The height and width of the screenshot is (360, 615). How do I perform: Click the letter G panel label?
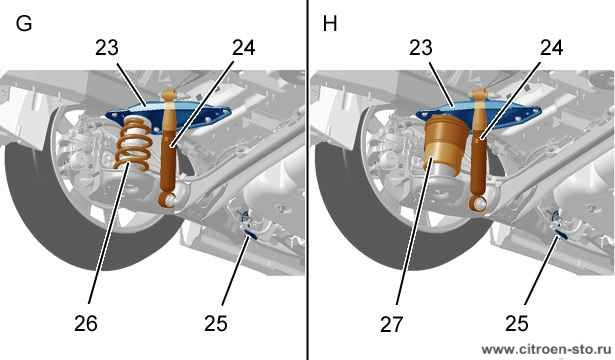pyautogui.click(x=24, y=24)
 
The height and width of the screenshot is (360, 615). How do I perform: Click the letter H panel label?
pyautogui.click(x=330, y=24)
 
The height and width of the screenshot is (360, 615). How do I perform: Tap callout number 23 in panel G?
pyautogui.click(x=107, y=48)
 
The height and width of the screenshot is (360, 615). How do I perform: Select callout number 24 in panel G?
pyautogui.click(x=244, y=48)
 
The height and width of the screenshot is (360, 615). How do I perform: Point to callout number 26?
pyautogui.click(x=86, y=324)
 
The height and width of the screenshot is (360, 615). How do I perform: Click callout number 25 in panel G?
pyautogui.click(x=215, y=324)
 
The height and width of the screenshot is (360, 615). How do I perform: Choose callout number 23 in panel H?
pyautogui.click(x=421, y=48)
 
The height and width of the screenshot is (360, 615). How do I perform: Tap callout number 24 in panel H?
pyautogui.click(x=551, y=48)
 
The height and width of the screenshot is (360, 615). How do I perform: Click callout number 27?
pyautogui.click(x=391, y=324)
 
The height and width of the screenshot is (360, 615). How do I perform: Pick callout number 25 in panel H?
pyautogui.click(x=517, y=324)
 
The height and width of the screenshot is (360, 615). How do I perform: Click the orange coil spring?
pyautogui.click(x=133, y=144)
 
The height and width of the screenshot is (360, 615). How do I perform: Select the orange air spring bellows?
pyautogui.click(x=446, y=144)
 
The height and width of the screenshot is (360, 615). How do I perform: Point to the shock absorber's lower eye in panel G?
pyautogui.click(x=169, y=200)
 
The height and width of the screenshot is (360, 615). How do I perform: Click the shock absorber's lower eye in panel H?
pyautogui.click(x=479, y=204)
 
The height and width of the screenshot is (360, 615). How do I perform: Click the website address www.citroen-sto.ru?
pyautogui.click(x=546, y=349)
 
